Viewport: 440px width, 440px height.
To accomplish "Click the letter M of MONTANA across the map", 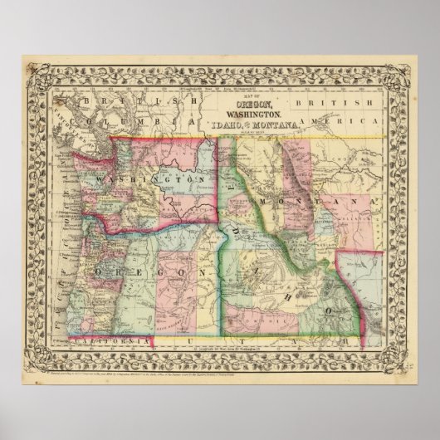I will click(x=264, y=202).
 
